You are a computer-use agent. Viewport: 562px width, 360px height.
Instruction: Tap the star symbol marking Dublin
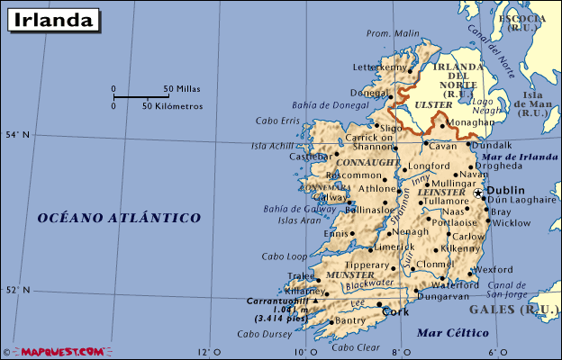pos(478,193)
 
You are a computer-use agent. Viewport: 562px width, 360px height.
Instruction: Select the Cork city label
pos(395,312)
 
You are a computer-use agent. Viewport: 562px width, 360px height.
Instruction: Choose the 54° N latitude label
pos(18,135)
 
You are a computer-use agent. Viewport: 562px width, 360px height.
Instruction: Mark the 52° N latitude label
pos(18,290)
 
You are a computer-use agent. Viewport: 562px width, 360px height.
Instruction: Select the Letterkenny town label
pos(379,67)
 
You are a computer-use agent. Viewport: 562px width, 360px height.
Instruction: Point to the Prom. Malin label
pos(393,34)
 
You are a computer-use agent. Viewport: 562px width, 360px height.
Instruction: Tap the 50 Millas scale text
pos(182,89)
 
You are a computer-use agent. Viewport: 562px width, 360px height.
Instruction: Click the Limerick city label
pos(394,247)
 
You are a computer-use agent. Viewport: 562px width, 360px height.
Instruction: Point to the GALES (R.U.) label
pos(526,310)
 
